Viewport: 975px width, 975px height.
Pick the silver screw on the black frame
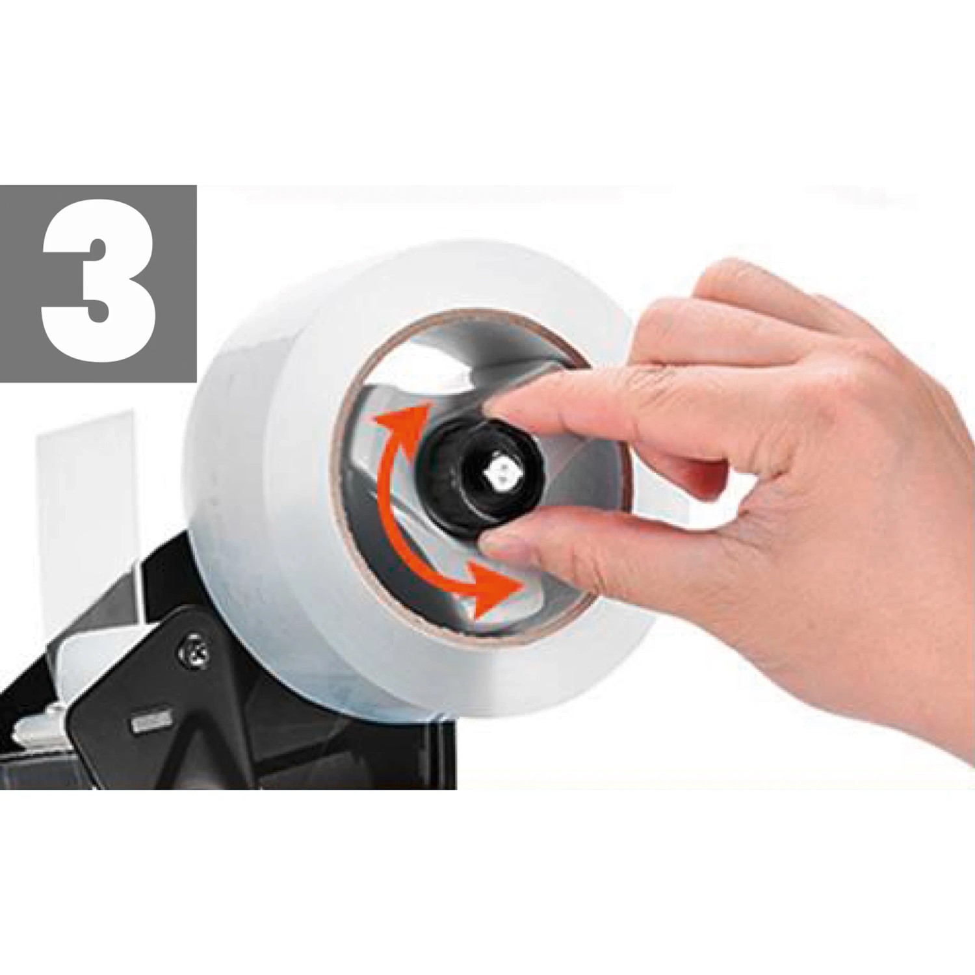pyautogui.click(x=193, y=650)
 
